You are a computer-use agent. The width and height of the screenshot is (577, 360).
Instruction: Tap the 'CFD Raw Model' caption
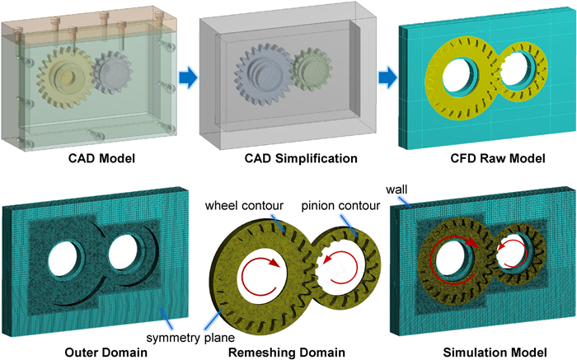coord(481,158)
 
